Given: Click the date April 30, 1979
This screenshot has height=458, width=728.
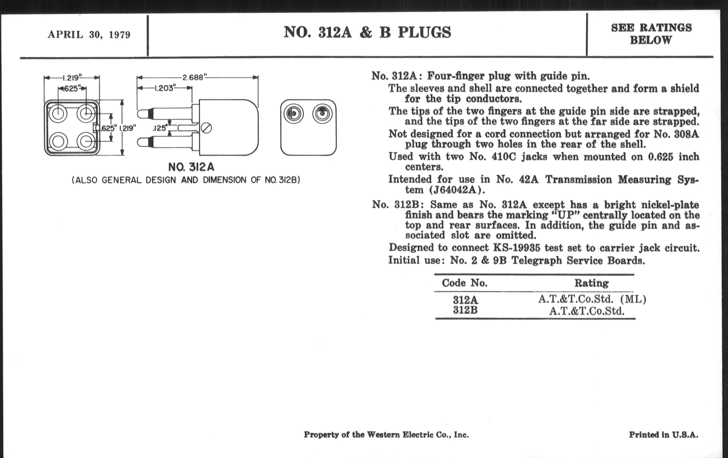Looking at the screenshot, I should (x=89, y=35).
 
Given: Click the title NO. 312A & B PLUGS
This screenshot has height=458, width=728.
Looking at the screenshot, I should (x=367, y=33).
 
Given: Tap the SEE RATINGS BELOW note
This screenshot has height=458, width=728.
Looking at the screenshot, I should (x=651, y=34).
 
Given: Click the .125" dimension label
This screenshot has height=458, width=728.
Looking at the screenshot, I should (x=160, y=128).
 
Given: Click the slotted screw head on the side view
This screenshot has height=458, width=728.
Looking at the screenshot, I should (x=207, y=128).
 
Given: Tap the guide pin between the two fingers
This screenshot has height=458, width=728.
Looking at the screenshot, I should (x=187, y=128).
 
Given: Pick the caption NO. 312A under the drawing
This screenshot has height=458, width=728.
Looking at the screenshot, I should (x=191, y=167).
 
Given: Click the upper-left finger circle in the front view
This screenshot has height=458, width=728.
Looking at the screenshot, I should (x=58, y=114).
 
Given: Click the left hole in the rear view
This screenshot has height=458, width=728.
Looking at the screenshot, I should (x=294, y=114).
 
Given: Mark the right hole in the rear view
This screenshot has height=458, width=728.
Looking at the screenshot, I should (x=322, y=114).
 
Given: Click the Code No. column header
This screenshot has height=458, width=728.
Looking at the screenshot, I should (x=464, y=283).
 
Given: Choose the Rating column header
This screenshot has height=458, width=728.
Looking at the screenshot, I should (x=591, y=283).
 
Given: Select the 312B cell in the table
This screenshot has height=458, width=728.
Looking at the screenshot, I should (x=465, y=310).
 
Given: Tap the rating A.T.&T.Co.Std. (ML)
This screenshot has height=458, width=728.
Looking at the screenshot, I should (x=592, y=299).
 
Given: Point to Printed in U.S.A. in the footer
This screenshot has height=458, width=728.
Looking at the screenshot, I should (x=663, y=435).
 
